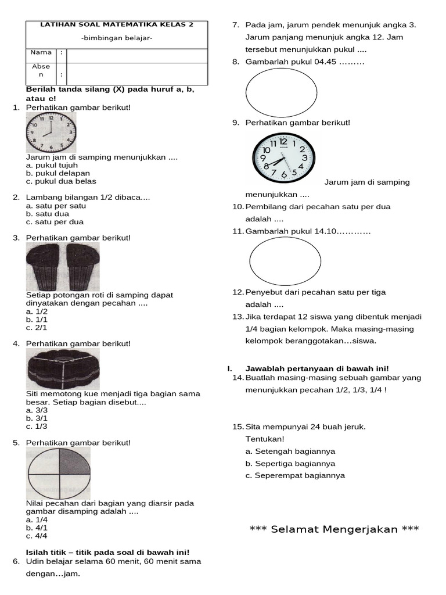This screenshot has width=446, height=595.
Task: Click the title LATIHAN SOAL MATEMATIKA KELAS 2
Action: click(x=116, y=25)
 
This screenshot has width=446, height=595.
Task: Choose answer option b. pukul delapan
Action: click(x=58, y=173)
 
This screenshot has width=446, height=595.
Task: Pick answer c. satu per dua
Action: click(x=55, y=222)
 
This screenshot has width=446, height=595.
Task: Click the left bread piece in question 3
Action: click(x=45, y=267)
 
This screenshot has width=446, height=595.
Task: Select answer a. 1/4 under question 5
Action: click(x=37, y=519)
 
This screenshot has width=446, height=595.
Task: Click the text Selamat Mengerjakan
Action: click(x=334, y=529)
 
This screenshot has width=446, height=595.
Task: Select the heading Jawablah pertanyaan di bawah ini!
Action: click(x=317, y=368)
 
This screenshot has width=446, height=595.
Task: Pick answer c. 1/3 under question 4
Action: click(x=37, y=426)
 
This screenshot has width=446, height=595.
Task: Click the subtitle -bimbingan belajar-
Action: click(x=117, y=38)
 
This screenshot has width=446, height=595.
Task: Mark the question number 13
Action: click(x=238, y=317)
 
